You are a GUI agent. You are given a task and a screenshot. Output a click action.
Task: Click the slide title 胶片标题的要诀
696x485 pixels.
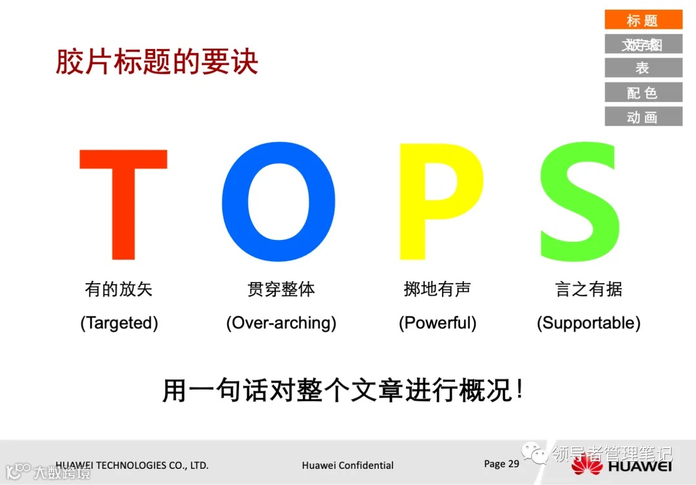157,62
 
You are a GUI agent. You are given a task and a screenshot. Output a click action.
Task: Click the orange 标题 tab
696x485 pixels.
643,21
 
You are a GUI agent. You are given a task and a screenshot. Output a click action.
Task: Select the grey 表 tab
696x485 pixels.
643,68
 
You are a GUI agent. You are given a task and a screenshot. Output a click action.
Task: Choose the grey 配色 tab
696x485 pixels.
643,92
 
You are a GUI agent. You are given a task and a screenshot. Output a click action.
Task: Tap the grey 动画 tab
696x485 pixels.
643,117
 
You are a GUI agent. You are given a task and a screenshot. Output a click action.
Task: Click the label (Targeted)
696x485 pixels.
119,322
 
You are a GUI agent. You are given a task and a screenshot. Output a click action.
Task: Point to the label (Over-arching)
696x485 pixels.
281,322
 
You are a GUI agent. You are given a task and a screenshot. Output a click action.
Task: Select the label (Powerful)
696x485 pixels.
438,322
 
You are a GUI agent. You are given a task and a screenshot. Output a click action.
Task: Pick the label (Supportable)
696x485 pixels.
588,322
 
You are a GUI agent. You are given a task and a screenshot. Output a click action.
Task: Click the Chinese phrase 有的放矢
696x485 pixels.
119,289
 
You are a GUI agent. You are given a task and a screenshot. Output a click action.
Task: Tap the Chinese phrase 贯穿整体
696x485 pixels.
281,289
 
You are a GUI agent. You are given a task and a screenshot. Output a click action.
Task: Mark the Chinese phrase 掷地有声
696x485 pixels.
438,289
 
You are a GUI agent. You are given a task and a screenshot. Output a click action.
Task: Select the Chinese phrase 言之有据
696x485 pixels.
588,289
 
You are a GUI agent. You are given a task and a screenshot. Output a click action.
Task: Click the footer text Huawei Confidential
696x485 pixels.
347,465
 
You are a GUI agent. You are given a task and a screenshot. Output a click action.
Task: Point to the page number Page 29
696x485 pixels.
501,464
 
